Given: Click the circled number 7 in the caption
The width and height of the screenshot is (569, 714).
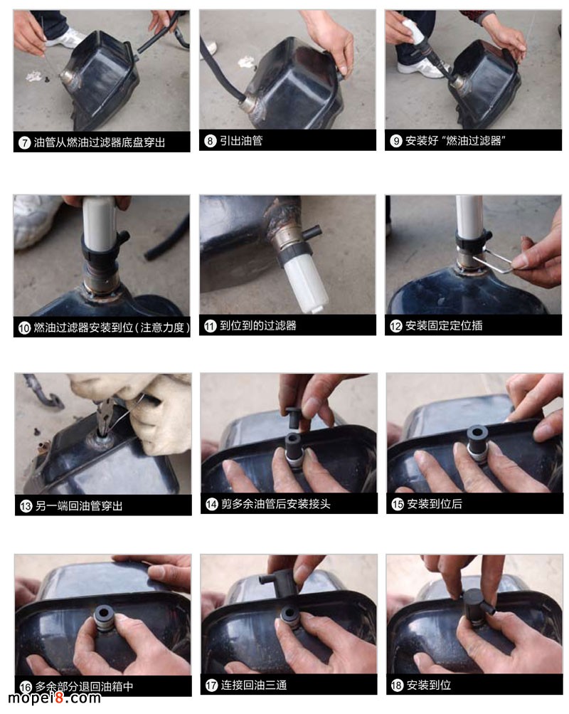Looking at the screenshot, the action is pyautogui.click(x=25, y=142).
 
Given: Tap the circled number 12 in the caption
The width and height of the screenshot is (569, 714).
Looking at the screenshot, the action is pyautogui.click(x=395, y=326).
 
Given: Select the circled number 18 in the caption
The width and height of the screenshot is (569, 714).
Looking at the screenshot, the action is pyautogui.click(x=397, y=686).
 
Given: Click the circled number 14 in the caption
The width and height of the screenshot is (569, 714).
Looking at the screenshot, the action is pyautogui.click(x=211, y=504).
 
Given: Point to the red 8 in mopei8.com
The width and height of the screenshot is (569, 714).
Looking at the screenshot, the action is pyautogui.click(x=58, y=698).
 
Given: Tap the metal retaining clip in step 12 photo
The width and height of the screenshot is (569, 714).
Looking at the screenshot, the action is pyautogui.click(x=492, y=261).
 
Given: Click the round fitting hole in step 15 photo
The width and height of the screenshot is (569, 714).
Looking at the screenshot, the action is pyautogui.click(x=477, y=434).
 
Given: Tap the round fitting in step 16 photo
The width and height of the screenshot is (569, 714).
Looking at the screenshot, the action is pyautogui.click(x=105, y=616).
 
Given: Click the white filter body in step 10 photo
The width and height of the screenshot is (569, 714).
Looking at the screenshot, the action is pyautogui.click(x=97, y=224).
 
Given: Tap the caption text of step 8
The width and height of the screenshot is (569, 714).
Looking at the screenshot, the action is pyautogui.click(x=241, y=141).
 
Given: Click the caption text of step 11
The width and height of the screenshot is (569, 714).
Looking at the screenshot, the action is pyautogui.click(x=258, y=325).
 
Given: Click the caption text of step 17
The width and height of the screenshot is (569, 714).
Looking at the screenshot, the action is pyautogui.click(x=254, y=686).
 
